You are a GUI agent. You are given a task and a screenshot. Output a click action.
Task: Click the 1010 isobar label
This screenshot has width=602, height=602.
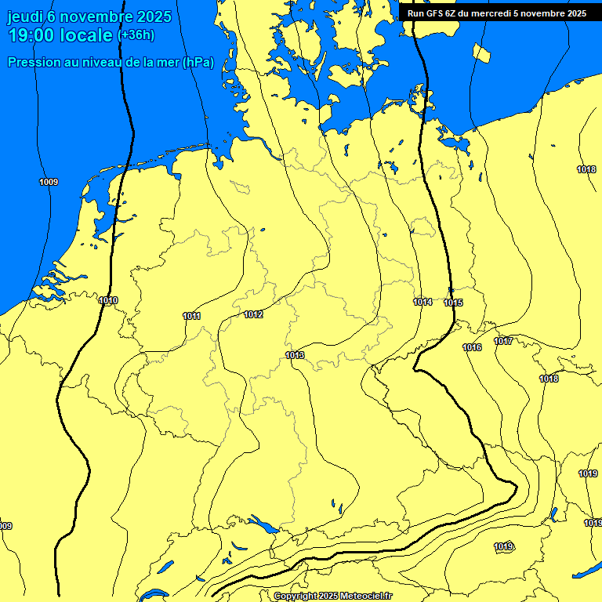[108, 300]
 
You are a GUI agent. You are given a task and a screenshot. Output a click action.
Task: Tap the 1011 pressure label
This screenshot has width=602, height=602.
[191, 316]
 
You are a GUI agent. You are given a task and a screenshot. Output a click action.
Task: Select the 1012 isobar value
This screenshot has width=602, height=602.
[253, 314]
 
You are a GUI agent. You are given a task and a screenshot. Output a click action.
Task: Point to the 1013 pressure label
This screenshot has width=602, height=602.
[295, 355]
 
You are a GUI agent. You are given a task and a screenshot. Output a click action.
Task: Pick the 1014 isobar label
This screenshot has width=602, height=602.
[422, 302]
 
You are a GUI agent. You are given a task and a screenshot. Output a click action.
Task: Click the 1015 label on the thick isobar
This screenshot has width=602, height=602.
[453, 303]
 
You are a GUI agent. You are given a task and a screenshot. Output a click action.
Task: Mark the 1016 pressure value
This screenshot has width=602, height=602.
[472, 347]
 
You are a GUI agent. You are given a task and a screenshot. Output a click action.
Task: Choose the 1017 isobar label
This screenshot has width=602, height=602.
[503, 341]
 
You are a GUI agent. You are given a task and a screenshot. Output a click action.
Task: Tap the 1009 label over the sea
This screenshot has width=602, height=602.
[49, 182]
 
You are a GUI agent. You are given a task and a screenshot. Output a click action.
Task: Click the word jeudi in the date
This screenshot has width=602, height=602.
[24, 16]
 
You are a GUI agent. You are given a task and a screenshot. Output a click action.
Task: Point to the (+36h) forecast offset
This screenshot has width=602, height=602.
[136, 35]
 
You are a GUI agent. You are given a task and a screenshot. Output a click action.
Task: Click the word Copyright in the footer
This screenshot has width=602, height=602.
[295, 597]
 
